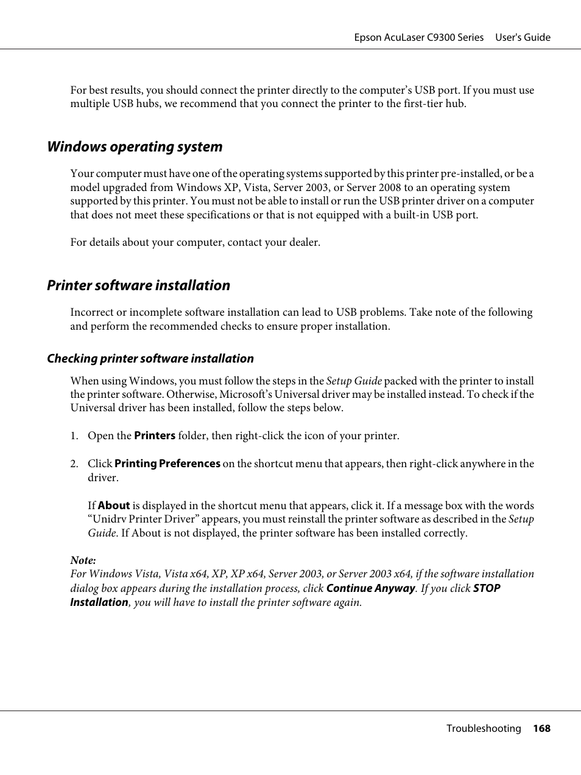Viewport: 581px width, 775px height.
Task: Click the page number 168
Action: click(x=541, y=728)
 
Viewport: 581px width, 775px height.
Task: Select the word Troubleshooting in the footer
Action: click(x=484, y=728)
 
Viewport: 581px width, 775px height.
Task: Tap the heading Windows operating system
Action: click(x=135, y=147)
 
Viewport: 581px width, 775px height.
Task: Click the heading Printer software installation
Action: click(x=138, y=285)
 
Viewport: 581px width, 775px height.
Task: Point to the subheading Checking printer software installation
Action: click(x=150, y=358)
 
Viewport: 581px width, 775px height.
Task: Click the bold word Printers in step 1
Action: click(x=155, y=436)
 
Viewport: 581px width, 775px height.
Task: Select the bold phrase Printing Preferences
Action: click(x=167, y=464)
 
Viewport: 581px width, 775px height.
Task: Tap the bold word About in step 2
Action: click(x=114, y=506)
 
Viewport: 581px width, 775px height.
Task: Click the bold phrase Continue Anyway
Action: click(x=371, y=588)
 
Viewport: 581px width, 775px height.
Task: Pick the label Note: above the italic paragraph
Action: click(x=83, y=560)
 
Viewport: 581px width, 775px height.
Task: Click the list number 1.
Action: click(x=74, y=436)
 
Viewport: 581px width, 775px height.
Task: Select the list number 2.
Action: click(x=74, y=464)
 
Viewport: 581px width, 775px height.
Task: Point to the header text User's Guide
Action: click(x=523, y=37)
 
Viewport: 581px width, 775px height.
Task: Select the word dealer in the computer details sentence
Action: click(x=302, y=242)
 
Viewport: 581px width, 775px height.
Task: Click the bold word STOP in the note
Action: click(x=487, y=588)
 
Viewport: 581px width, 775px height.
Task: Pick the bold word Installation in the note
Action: click(x=99, y=602)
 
